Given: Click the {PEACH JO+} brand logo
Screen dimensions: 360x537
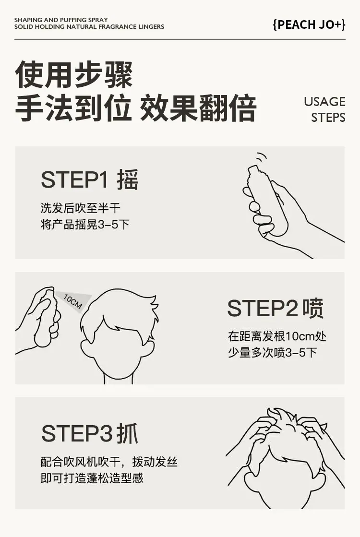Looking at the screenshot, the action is (309, 24).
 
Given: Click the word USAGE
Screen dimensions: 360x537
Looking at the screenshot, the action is (324, 102).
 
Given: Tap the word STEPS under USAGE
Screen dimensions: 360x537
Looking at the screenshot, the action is (328, 118).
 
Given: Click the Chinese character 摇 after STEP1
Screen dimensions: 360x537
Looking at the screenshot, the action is (127, 179).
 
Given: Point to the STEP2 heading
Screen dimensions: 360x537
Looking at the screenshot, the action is (263, 308).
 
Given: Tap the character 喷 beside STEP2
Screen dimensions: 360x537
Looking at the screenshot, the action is (313, 308).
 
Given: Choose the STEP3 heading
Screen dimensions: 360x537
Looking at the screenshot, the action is (77, 433).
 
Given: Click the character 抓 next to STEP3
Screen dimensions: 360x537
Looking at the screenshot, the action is (127, 433).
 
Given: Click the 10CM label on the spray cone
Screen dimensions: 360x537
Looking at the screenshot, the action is (73, 302).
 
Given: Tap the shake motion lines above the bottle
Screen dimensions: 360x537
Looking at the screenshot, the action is (262, 158).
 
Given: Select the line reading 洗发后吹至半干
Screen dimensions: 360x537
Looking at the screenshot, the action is (81, 208).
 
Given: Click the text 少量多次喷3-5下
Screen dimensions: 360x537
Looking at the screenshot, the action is (273, 352).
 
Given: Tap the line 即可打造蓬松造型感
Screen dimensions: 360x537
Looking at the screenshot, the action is (92, 478).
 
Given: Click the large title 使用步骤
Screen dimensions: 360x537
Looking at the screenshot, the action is (73, 75).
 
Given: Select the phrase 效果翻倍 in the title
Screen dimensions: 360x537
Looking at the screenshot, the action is (198, 108).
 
